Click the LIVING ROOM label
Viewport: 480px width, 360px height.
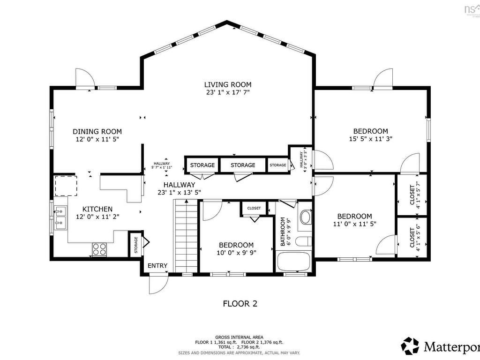point(228,84)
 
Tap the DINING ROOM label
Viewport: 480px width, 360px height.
point(97,132)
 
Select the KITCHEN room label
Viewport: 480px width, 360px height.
point(97,209)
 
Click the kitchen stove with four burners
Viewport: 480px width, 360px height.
point(99,249)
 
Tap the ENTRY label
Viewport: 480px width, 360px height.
point(157,266)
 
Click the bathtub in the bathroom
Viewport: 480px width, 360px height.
point(293,262)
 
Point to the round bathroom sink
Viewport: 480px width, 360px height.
point(305,217)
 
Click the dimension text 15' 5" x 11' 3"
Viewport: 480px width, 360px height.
point(370,139)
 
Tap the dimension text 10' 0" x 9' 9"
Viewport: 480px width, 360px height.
point(236,253)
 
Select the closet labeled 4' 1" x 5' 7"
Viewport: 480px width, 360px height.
point(412,195)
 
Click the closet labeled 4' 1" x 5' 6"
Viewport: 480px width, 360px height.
point(412,237)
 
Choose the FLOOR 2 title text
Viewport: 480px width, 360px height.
point(240,304)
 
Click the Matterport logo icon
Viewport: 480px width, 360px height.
point(410,346)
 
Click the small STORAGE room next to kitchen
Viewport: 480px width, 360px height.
point(136,244)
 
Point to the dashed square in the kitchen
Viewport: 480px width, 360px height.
point(66,186)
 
